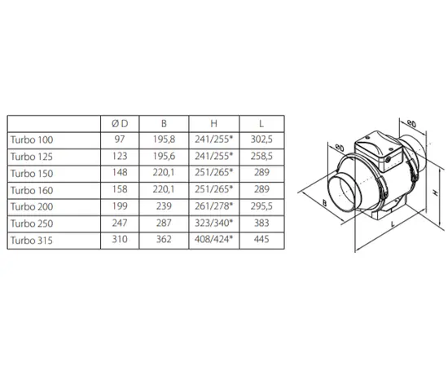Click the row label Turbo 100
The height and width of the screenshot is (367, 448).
[32, 140]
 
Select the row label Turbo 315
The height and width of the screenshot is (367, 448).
[32, 241]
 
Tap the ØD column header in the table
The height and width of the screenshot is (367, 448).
[120, 124]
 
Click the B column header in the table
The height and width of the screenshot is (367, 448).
[164, 124]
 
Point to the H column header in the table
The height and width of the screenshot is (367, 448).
[213, 124]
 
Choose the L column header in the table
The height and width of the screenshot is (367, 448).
[261, 124]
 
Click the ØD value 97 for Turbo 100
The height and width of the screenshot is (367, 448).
[120, 139]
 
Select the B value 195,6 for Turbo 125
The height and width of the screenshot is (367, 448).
[164, 157]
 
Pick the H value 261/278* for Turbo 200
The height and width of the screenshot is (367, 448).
[214, 206]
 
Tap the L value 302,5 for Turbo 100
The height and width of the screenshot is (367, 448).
[261, 139]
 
